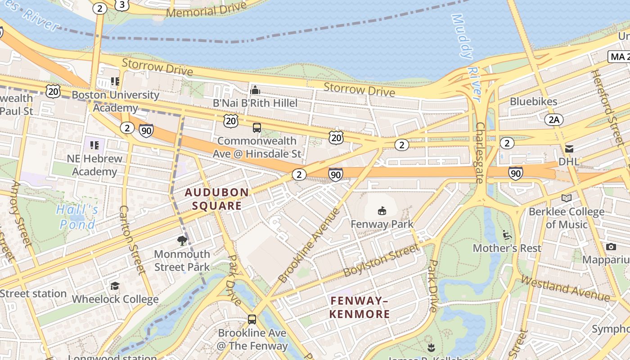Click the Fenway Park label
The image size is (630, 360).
pyautogui.click(x=382, y=224)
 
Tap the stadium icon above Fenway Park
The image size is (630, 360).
pyautogui.click(x=382, y=210)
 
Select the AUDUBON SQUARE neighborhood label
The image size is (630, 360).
pyautogui.click(x=217, y=199)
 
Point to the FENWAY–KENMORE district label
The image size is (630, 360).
pyautogui.click(x=360, y=307)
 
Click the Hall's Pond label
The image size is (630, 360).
pyautogui.click(x=77, y=217)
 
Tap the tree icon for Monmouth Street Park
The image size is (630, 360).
pyautogui.click(x=182, y=241)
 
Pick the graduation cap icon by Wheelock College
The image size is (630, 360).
pyautogui.click(x=115, y=286)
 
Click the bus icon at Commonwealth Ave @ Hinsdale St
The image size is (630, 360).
pyautogui.click(x=257, y=128)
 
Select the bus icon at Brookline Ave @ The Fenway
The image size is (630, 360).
pyautogui.click(x=252, y=319)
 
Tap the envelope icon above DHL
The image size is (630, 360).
pyautogui.click(x=569, y=148)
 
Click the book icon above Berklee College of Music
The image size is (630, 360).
pyautogui.click(x=567, y=198)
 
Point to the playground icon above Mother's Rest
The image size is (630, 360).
pyautogui.click(x=507, y=235)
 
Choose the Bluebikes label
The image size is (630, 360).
pyautogui.click(x=533, y=102)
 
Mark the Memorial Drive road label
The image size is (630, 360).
pyautogui.click(x=207, y=9)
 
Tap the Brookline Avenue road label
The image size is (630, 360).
pyautogui.click(x=309, y=245)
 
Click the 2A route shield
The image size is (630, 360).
pyautogui.click(x=553, y=120)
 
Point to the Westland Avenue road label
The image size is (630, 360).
pyautogui.click(x=565, y=288)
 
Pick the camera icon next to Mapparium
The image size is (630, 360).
pyautogui.click(x=611, y=247)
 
